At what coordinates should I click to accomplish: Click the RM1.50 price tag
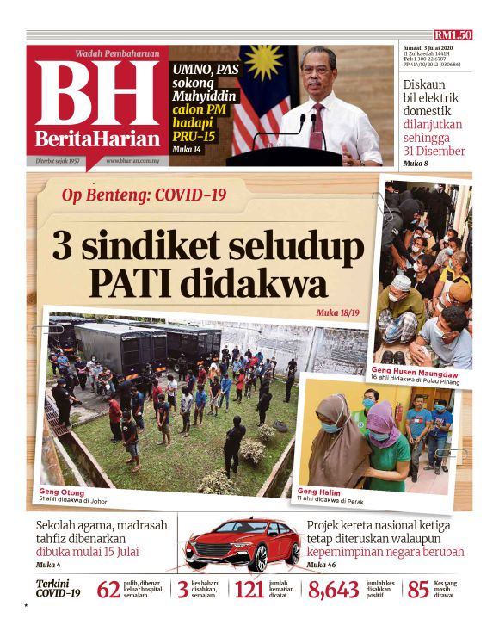pos(453,35)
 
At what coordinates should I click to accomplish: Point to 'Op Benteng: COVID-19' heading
pos(144,195)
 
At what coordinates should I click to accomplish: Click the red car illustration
pos(242,545)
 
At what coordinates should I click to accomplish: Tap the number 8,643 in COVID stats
pos(333,590)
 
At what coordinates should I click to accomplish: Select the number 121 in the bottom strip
pos(249,590)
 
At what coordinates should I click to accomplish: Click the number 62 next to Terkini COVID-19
pos(108,590)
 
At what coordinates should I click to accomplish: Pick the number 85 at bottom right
pos(417,590)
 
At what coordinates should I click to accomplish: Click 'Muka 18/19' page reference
pos(338,312)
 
